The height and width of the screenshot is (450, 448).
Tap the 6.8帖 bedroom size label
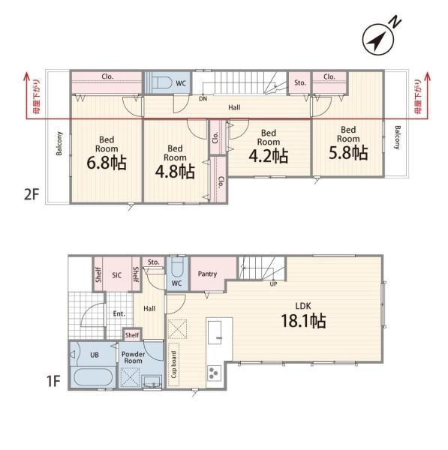click(x=107, y=163)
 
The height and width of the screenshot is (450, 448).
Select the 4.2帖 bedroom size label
click(x=268, y=156)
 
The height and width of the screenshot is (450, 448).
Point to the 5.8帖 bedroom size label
click(x=348, y=153)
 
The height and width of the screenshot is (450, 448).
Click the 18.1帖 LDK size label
click(x=303, y=321)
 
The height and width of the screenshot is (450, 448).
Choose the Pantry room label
click(x=207, y=274)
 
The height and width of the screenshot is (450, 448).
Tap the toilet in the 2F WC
click(x=161, y=82)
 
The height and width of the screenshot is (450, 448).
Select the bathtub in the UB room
click(x=93, y=377)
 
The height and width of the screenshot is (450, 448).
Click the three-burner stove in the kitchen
click(x=214, y=373)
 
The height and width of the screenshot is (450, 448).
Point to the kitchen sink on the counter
click(x=215, y=332)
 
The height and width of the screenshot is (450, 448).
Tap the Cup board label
click(x=174, y=364)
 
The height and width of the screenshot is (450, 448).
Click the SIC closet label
click(x=117, y=275)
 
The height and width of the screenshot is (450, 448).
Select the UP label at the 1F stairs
click(x=273, y=283)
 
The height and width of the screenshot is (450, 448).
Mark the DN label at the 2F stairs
click(x=203, y=99)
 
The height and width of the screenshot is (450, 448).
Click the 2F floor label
click(x=32, y=195)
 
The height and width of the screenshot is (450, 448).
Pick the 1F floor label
click(x=53, y=382)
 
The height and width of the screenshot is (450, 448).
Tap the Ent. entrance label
click(x=119, y=313)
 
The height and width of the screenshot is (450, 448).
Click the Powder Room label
click(x=133, y=357)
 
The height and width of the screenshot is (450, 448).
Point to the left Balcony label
click(x=59, y=143)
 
